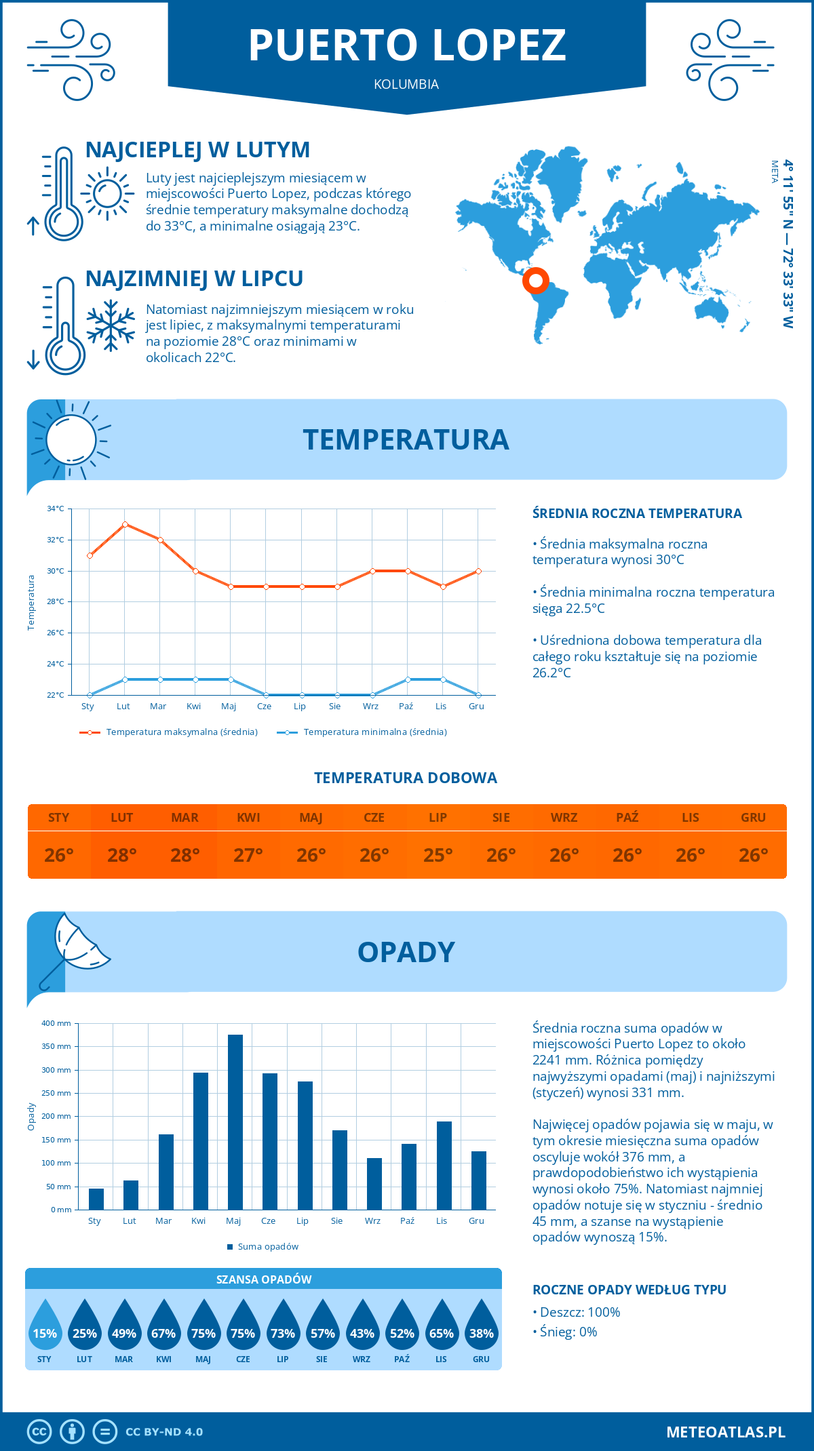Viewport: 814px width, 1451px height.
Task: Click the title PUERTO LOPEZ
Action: point(407,45)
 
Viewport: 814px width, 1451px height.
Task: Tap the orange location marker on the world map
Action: point(535,279)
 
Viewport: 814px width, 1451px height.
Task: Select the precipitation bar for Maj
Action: point(235,1122)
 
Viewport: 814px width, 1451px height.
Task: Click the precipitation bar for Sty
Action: point(96,1199)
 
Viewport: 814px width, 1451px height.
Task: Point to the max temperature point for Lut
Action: point(125,524)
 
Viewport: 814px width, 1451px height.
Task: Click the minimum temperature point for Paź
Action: point(408,679)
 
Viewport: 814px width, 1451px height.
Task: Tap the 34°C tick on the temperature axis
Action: point(56,509)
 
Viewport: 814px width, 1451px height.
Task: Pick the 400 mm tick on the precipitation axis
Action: point(56,1023)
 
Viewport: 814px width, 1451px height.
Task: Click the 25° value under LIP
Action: point(438,855)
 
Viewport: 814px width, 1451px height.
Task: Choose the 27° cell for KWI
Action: point(248,855)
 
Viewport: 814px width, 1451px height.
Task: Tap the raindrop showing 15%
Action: point(45,1328)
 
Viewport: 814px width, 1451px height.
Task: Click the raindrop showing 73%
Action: point(283,1328)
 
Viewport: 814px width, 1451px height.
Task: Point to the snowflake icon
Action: point(111,325)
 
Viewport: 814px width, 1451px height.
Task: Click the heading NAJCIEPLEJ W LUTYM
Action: point(197,150)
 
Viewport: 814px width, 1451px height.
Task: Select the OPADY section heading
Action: point(406,952)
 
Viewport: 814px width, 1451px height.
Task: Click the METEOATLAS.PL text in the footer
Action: point(725,1431)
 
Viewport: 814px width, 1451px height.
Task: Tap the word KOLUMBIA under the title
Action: point(406,84)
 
